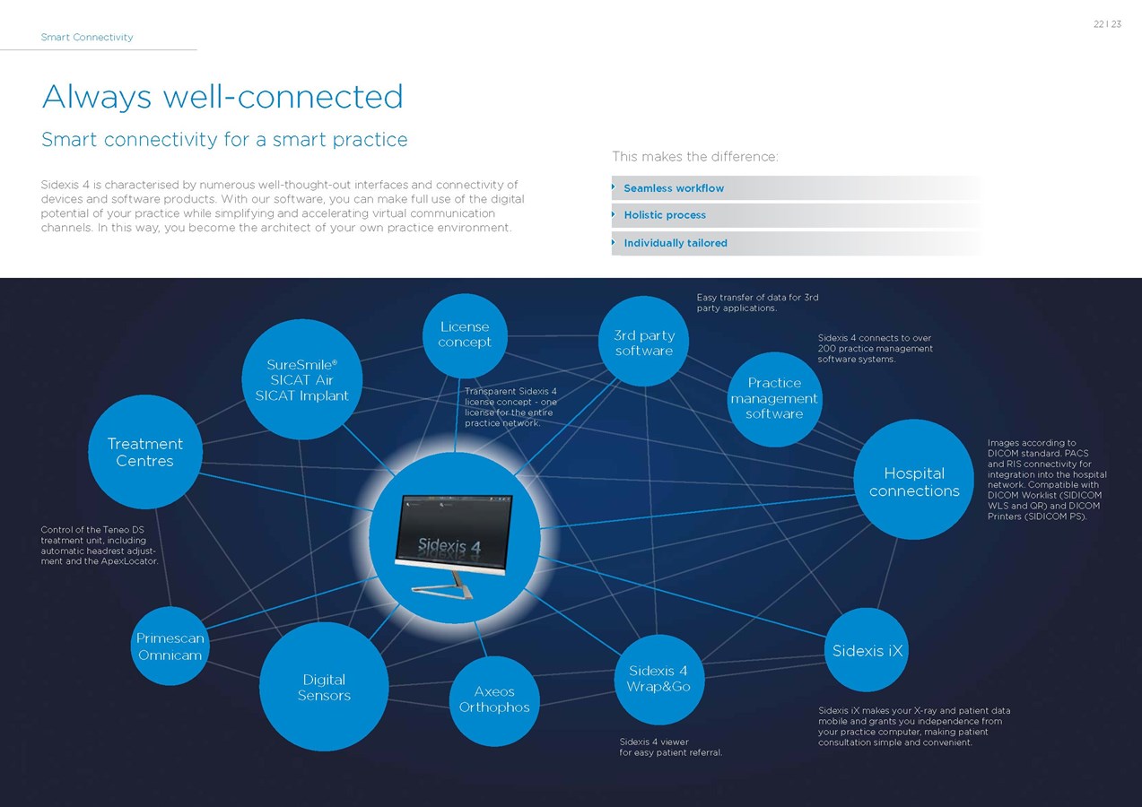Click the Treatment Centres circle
click(145, 452)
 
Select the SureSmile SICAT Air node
click(302, 380)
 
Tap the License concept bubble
click(465, 334)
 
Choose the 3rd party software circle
click(644, 343)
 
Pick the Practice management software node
click(774, 398)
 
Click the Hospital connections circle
click(914, 482)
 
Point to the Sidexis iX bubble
click(867, 650)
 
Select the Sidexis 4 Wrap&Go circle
click(658, 679)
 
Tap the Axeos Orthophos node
click(494, 699)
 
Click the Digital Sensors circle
click(324, 687)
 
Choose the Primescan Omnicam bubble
click(170, 646)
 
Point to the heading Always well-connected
click(222, 97)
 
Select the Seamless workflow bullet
click(674, 188)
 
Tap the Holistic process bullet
click(665, 215)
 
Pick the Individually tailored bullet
click(676, 243)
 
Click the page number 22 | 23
click(1107, 24)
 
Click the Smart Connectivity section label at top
click(87, 38)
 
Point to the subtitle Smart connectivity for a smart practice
click(224, 140)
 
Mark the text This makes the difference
click(695, 157)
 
